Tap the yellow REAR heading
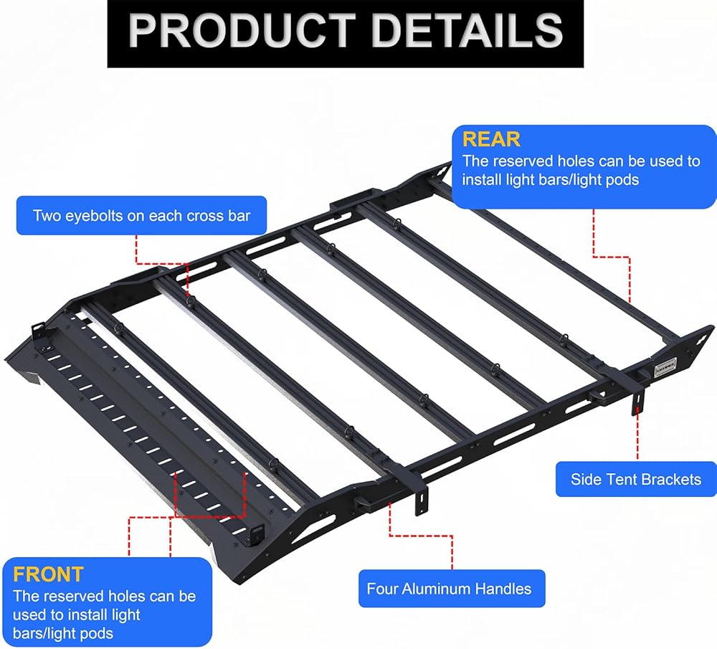[491, 139]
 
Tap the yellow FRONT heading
[49, 574]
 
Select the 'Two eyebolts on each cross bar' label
[141, 215]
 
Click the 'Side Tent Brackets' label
[636, 479]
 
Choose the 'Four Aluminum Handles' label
[450, 589]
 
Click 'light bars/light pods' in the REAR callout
[550, 179]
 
